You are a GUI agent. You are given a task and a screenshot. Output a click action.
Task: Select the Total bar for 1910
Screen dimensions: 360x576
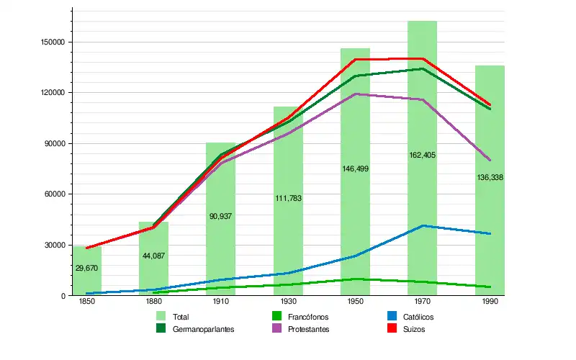pos(221,245)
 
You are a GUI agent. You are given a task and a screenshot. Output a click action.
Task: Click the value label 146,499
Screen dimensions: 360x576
pos(355,168)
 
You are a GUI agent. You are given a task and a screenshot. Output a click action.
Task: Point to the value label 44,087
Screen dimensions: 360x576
pos(153,256)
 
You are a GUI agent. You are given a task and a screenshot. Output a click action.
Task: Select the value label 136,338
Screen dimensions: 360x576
pos(490,177)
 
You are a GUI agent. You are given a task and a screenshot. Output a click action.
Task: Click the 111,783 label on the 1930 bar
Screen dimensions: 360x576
pos(288,198)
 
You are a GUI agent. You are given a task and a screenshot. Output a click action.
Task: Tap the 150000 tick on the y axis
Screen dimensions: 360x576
pos(51,42)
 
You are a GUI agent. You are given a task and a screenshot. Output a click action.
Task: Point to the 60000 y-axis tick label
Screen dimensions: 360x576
pos(53,194)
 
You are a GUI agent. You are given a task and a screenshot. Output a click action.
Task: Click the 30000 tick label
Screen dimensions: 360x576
pos(53,245)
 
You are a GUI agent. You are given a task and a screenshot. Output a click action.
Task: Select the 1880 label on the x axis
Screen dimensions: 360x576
pos(153,303)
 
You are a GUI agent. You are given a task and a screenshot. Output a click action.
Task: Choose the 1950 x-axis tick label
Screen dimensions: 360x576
pos(355,303)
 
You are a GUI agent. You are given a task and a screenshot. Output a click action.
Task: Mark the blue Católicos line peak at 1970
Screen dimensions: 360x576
pos(423,226)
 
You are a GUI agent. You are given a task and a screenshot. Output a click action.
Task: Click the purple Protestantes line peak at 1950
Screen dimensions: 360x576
pos(355,94)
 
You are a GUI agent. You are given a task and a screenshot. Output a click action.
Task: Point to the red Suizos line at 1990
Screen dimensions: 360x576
pos(490,105)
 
